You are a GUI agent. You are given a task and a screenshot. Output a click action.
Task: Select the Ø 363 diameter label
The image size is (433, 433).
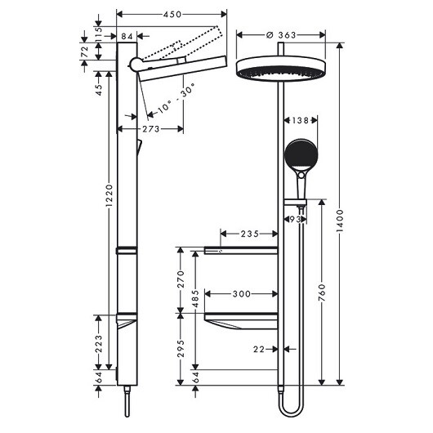point(281,34)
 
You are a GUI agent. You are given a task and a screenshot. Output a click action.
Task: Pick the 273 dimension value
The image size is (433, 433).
point(150,129)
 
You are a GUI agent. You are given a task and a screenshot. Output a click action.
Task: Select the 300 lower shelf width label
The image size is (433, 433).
point(240,292)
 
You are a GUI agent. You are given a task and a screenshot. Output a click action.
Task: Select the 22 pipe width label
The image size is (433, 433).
point(259,350)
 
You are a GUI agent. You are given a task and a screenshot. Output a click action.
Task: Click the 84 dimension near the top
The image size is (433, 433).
point(127,35)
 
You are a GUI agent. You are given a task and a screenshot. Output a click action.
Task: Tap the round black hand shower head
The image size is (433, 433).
point(298,153)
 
